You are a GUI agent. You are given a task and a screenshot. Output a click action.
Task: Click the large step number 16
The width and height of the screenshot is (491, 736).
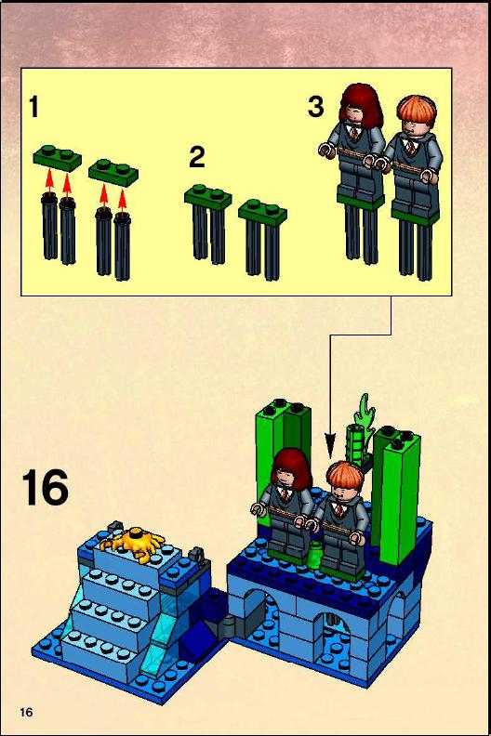[x=46, y=488]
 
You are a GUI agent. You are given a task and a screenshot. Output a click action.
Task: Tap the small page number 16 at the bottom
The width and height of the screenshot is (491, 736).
[x=26, y=712]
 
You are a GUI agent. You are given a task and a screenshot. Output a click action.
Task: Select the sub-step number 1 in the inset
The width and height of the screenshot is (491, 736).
[x=33, y=107]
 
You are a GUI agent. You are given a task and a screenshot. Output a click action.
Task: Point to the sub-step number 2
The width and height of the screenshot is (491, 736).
[x=197, y=157]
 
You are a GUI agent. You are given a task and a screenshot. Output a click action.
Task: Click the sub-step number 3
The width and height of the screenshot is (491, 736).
[x=316, y=107]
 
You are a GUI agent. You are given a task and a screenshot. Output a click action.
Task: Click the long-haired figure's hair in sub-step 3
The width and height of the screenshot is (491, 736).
[x=361, y=106]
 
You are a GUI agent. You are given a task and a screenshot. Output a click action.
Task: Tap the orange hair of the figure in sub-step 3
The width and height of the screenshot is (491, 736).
[x=417, y=111]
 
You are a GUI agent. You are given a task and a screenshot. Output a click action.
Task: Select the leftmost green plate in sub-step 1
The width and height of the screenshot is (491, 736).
[x=58, y=157]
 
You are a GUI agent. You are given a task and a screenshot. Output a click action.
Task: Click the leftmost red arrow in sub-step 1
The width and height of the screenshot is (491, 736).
[x=49, y=181]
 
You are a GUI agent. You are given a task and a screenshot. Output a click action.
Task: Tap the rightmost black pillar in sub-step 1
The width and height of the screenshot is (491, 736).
[x=122, y=245]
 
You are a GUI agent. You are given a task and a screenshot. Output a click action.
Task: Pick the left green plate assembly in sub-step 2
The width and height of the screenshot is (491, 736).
[x=207, y=223]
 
